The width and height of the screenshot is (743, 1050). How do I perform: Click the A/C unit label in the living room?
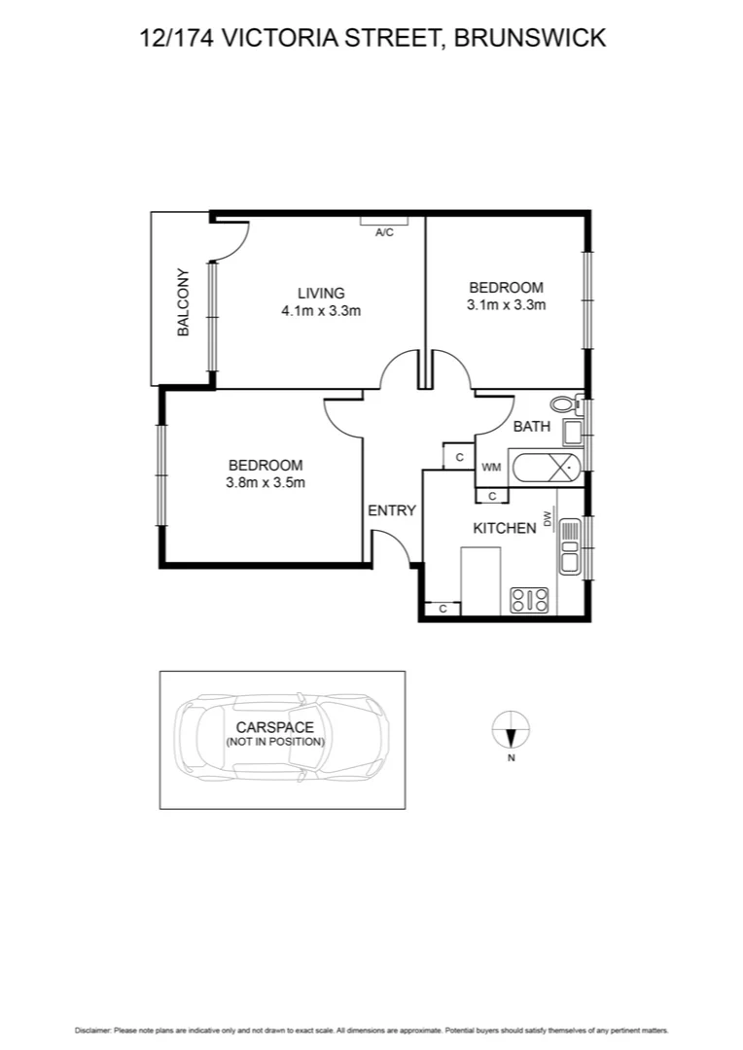tap(384, 231)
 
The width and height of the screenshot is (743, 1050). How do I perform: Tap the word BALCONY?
tap(183, 302)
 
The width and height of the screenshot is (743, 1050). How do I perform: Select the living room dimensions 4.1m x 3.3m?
tap(321, 311)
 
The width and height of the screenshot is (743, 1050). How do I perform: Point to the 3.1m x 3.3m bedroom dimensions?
tap(506, 304)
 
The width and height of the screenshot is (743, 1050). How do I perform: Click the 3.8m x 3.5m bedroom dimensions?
tap(265, 482)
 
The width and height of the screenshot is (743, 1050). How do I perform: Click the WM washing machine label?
tap(491, 468)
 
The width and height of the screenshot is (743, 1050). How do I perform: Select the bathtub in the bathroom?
tap(544, 468)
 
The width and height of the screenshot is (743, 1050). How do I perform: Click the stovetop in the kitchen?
tap(530, 600)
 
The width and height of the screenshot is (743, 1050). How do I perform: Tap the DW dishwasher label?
tap(548, 520)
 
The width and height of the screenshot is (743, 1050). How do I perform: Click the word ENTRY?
tap(392, 510)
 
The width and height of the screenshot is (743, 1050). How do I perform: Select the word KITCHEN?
tap(504, 528)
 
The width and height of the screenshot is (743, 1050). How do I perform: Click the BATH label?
tap(532, 426)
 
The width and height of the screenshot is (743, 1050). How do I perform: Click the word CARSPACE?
tap(275, 727)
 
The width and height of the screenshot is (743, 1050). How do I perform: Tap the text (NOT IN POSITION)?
tap(275, 742)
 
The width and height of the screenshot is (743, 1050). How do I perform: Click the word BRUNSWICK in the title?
tap(531, 38)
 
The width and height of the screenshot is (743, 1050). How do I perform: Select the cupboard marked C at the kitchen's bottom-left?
tap(442, 609)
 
